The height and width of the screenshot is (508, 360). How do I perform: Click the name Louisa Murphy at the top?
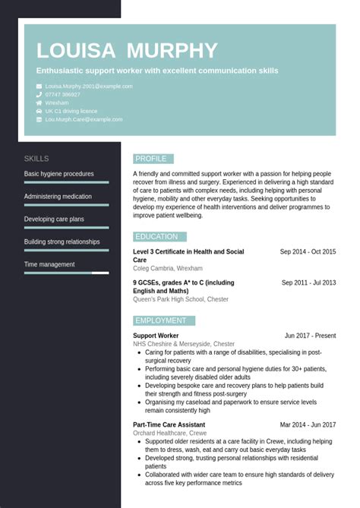(x=127, y=51)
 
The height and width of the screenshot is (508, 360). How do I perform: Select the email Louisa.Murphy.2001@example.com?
(x=89, y=86)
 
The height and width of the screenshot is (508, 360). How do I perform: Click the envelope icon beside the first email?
(x=39, y=86)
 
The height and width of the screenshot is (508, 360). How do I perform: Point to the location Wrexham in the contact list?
(x=57, y=103)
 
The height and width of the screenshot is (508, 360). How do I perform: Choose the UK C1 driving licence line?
(x=71, y=111)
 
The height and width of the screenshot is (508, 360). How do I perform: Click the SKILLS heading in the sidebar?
(x=36, y=159)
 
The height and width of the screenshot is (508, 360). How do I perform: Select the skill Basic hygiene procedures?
(x=59, y=174)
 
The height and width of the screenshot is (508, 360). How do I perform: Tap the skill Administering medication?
(x=58, y=197)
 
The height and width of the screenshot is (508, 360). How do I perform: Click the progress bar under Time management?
(x=66, y=273)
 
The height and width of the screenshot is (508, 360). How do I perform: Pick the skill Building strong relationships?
(x=62, y=242)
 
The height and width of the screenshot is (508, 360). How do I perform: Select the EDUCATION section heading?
(x=156, y=237)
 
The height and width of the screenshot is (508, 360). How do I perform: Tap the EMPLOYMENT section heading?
(x=160, y=320)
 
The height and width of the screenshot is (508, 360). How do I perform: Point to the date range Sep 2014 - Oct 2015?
(x=308, y=252)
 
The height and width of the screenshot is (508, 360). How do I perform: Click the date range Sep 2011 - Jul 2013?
(x=308, y=282)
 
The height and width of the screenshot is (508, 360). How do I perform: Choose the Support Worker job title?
(x=156, y=336)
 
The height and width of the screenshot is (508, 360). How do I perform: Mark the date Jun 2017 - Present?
(x=310, y=336)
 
